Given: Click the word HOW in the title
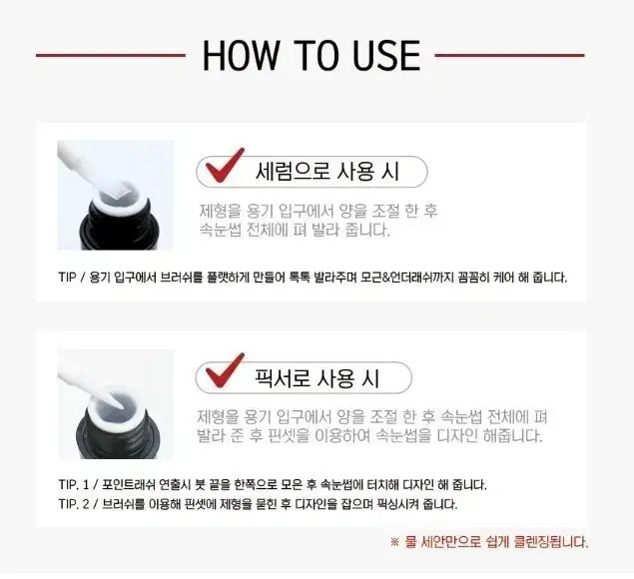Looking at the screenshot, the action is (x=241, y=55).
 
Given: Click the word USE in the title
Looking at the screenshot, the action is (x=386, y=55).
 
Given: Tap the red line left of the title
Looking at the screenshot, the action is (x=111, y=55).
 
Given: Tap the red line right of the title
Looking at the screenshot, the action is (x=509, y=55).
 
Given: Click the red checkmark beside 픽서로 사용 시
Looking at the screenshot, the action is (x=224, y=369).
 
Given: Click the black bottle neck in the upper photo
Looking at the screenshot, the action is (x=117, y=223).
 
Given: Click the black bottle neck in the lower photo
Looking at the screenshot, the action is (x=118, y=433).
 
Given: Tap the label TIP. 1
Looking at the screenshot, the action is (x=73, y=484).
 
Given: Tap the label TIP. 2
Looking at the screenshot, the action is (x=74, y=504).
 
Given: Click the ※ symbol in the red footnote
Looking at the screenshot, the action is (x=395, y=542).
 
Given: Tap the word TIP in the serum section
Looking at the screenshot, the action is (x=67, y=278).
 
